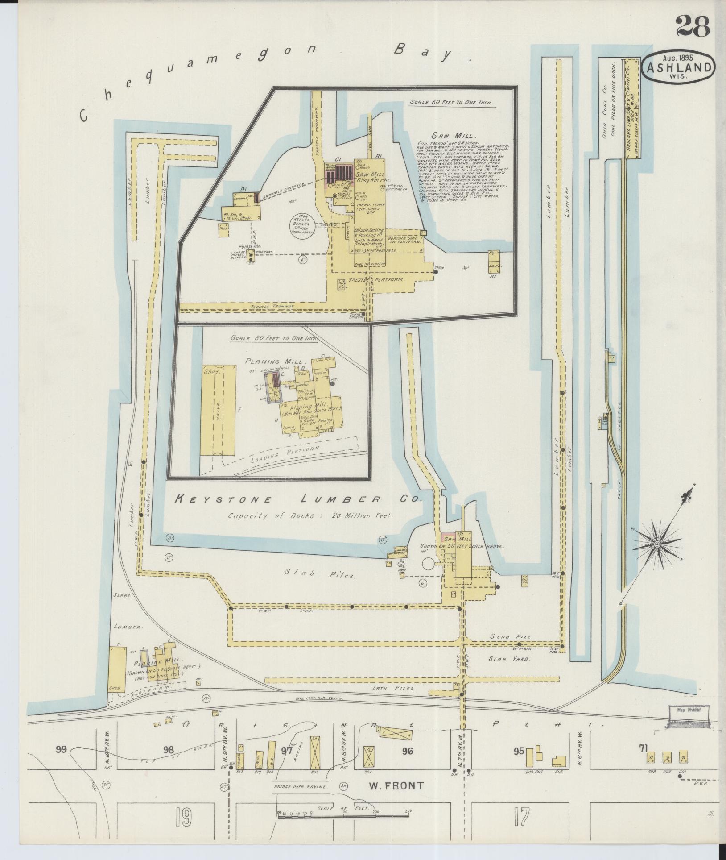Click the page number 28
693,26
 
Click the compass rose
657,544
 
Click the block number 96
407,751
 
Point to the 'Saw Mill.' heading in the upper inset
447,135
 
